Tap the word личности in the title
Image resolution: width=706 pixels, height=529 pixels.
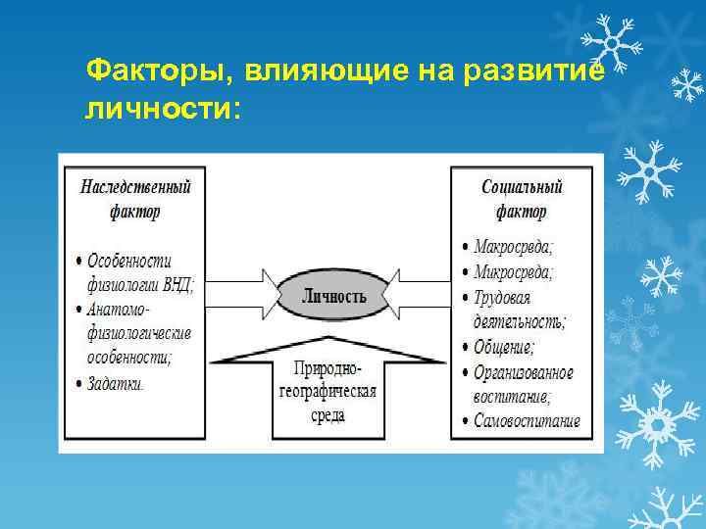[x=157, y=108]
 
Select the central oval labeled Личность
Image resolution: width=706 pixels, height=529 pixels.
[x=333, y=296]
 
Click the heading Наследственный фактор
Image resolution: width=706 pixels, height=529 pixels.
[x=135, y=198]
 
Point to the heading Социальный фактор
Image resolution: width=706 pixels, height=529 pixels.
[x=523, y=198]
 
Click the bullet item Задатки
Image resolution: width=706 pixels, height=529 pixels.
[x=116, y=383]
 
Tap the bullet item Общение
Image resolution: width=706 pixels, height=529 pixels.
[x=504, y=347]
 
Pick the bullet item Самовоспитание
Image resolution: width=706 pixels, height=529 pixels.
[x=528, y=422]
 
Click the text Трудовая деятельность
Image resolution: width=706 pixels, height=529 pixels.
[x=519, y=309]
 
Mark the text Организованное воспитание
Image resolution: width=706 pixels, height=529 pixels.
[x=523, y=385]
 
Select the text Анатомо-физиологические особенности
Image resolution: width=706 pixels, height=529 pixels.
[x=137, y=333]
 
